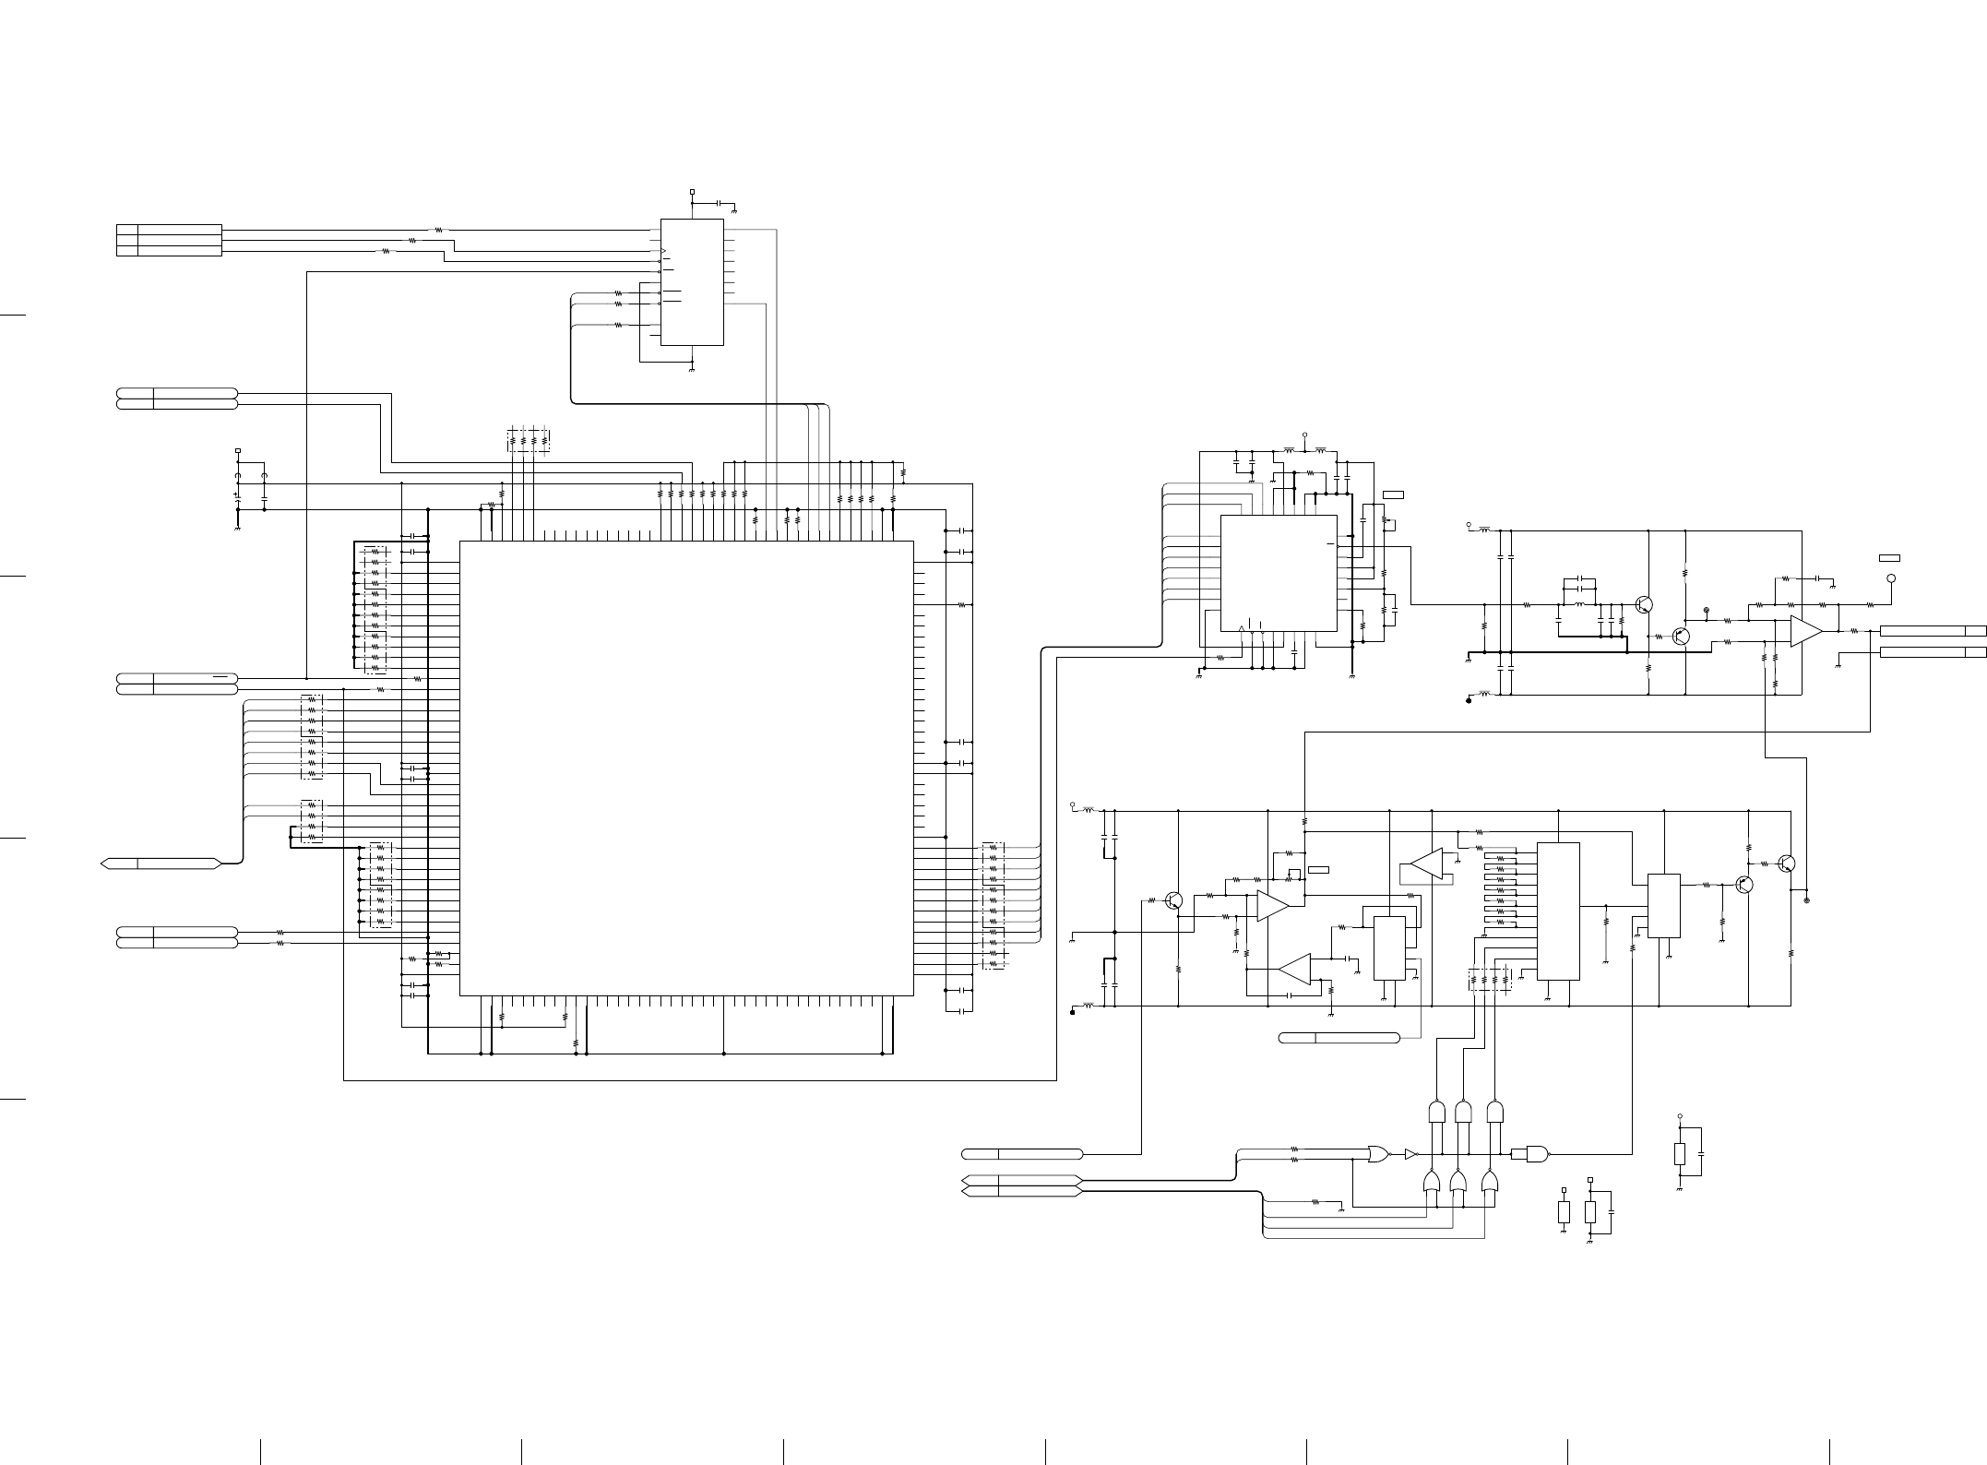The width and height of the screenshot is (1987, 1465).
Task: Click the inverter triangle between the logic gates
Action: [x=1410, y=1153]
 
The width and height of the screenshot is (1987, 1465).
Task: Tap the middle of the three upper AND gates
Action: [x=1462, y=1112]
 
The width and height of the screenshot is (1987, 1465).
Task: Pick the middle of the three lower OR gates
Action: [x=1458, y=1182]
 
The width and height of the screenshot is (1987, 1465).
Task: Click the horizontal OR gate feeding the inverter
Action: [x=1379, y=1153]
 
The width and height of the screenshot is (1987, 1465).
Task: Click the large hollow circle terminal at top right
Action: [x=1891, y=578]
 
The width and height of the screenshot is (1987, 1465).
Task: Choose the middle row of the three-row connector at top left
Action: [x=169, y=240]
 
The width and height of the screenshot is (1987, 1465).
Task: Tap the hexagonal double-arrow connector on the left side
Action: [x=161, y=863]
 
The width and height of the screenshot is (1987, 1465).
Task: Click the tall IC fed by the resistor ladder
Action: [x=1558, y=911]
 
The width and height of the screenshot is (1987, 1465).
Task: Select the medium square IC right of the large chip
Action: [x=1279, y=573]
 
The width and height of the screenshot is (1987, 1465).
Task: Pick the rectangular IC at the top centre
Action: [x=692, y=282]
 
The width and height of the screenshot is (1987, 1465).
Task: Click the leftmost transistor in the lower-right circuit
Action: [x=1174, y=899]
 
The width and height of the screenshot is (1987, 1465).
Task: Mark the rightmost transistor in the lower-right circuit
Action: [x=1787, y=864]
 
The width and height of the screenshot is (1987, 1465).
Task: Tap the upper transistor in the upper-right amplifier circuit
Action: [x=1643, y=604]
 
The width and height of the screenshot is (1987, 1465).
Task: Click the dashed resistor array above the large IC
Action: [x=529, y=440]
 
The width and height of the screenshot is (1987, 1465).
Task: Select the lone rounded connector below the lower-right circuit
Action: [x=1339, y=1038]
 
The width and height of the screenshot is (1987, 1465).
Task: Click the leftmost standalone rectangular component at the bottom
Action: [x=1564, y=1212]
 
